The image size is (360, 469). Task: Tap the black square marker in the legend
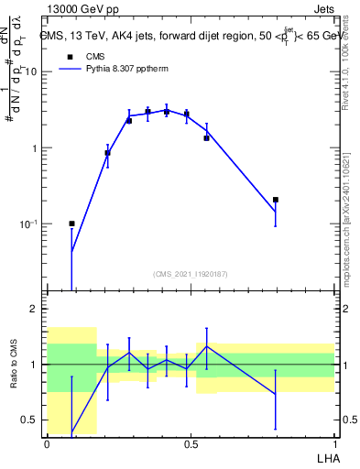69,56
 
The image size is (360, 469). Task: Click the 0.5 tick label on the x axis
191,443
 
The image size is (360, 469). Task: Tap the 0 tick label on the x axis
48,443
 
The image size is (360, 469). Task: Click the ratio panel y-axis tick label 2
37,309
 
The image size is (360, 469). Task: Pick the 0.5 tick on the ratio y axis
32,420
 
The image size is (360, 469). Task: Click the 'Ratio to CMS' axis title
14,364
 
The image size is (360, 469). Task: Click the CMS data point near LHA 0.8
275,199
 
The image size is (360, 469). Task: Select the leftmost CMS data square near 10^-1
71,224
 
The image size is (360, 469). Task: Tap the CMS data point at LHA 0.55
206,137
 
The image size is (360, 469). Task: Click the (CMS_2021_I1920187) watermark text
191,274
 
